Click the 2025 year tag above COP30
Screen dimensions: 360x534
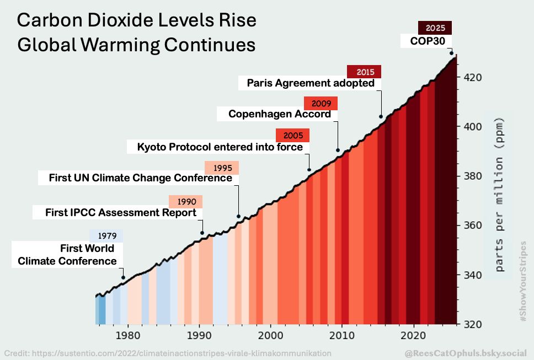[x=435, y=28]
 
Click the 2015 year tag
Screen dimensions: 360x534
[x=364, y=72]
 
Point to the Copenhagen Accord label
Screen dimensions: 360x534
[x=280, y=114]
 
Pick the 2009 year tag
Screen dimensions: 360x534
[x=321, y=103]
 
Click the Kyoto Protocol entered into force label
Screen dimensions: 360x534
[x=220, y=147]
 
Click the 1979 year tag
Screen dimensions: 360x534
[x=106, y=235]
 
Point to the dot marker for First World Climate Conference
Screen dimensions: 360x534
[x=123, y=277]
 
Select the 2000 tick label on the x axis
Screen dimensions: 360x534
[x=270, y=335]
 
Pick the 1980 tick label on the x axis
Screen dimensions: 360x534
[x=127, y=335]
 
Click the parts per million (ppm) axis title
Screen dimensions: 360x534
[x=499, y=194]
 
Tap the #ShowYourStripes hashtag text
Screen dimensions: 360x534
[x=523, y=282]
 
